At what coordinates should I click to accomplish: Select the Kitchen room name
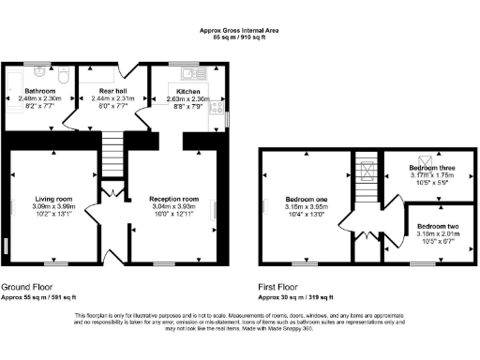[180, 91]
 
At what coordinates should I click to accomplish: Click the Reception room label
[174, 199]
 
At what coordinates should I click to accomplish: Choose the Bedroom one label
[307, 202]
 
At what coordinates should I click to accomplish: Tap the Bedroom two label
[437, 226]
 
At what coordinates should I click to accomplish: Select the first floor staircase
[367, 178]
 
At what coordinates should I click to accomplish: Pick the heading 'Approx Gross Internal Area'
[240, 30]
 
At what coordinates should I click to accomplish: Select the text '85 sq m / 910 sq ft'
[240, 38]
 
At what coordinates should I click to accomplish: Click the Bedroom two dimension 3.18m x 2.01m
[437, 233]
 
